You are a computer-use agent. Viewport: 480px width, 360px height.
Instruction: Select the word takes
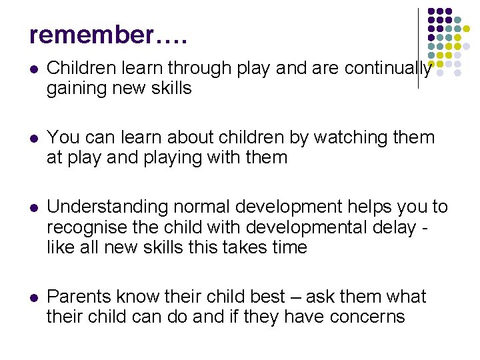[x=252, y=247]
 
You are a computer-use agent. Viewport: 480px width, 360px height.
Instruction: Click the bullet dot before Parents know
[x=33, y=297]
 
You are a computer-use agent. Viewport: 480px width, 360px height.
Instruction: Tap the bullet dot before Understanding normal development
[x=33, y=208]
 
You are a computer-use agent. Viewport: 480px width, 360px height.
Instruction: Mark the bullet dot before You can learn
[x=33, y=139]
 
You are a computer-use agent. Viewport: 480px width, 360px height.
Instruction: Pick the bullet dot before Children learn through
[x=33, y=68]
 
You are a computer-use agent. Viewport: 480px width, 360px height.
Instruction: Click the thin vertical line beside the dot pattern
[x=418, y=47]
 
